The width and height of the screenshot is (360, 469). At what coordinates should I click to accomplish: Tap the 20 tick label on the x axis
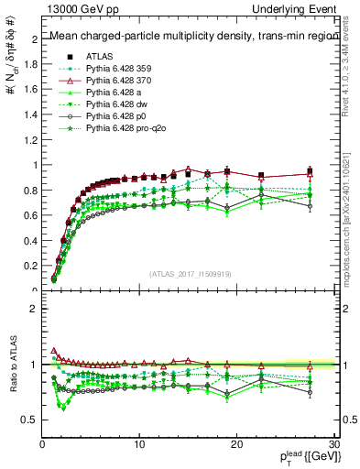coord(236,443)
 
